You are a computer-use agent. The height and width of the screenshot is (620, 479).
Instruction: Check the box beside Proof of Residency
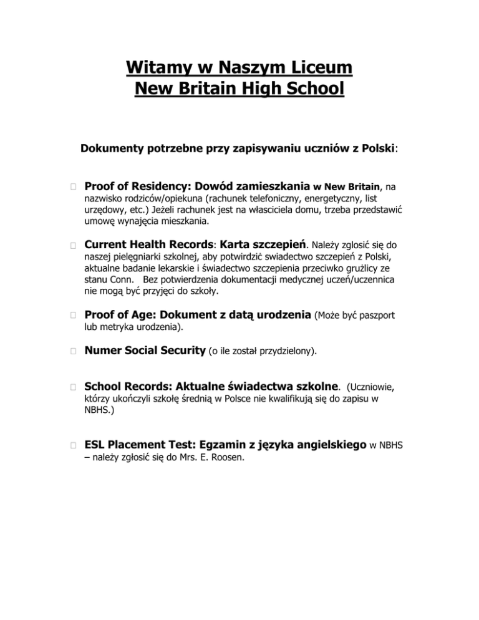click(x=73, y=186)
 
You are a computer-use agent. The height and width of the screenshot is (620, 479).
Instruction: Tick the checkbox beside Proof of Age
click(x=73, y=316)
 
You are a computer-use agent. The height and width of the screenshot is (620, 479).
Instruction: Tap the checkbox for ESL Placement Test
click(x=73, y=445)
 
